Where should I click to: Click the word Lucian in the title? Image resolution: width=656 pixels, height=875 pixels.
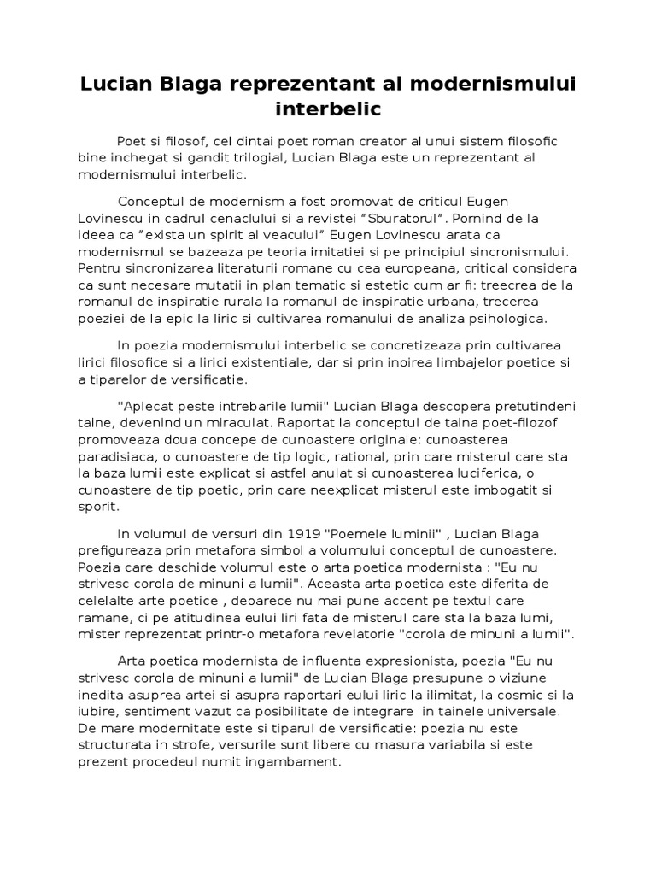(115, 85)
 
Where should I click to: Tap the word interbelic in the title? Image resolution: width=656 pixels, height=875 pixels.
(328, 110)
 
